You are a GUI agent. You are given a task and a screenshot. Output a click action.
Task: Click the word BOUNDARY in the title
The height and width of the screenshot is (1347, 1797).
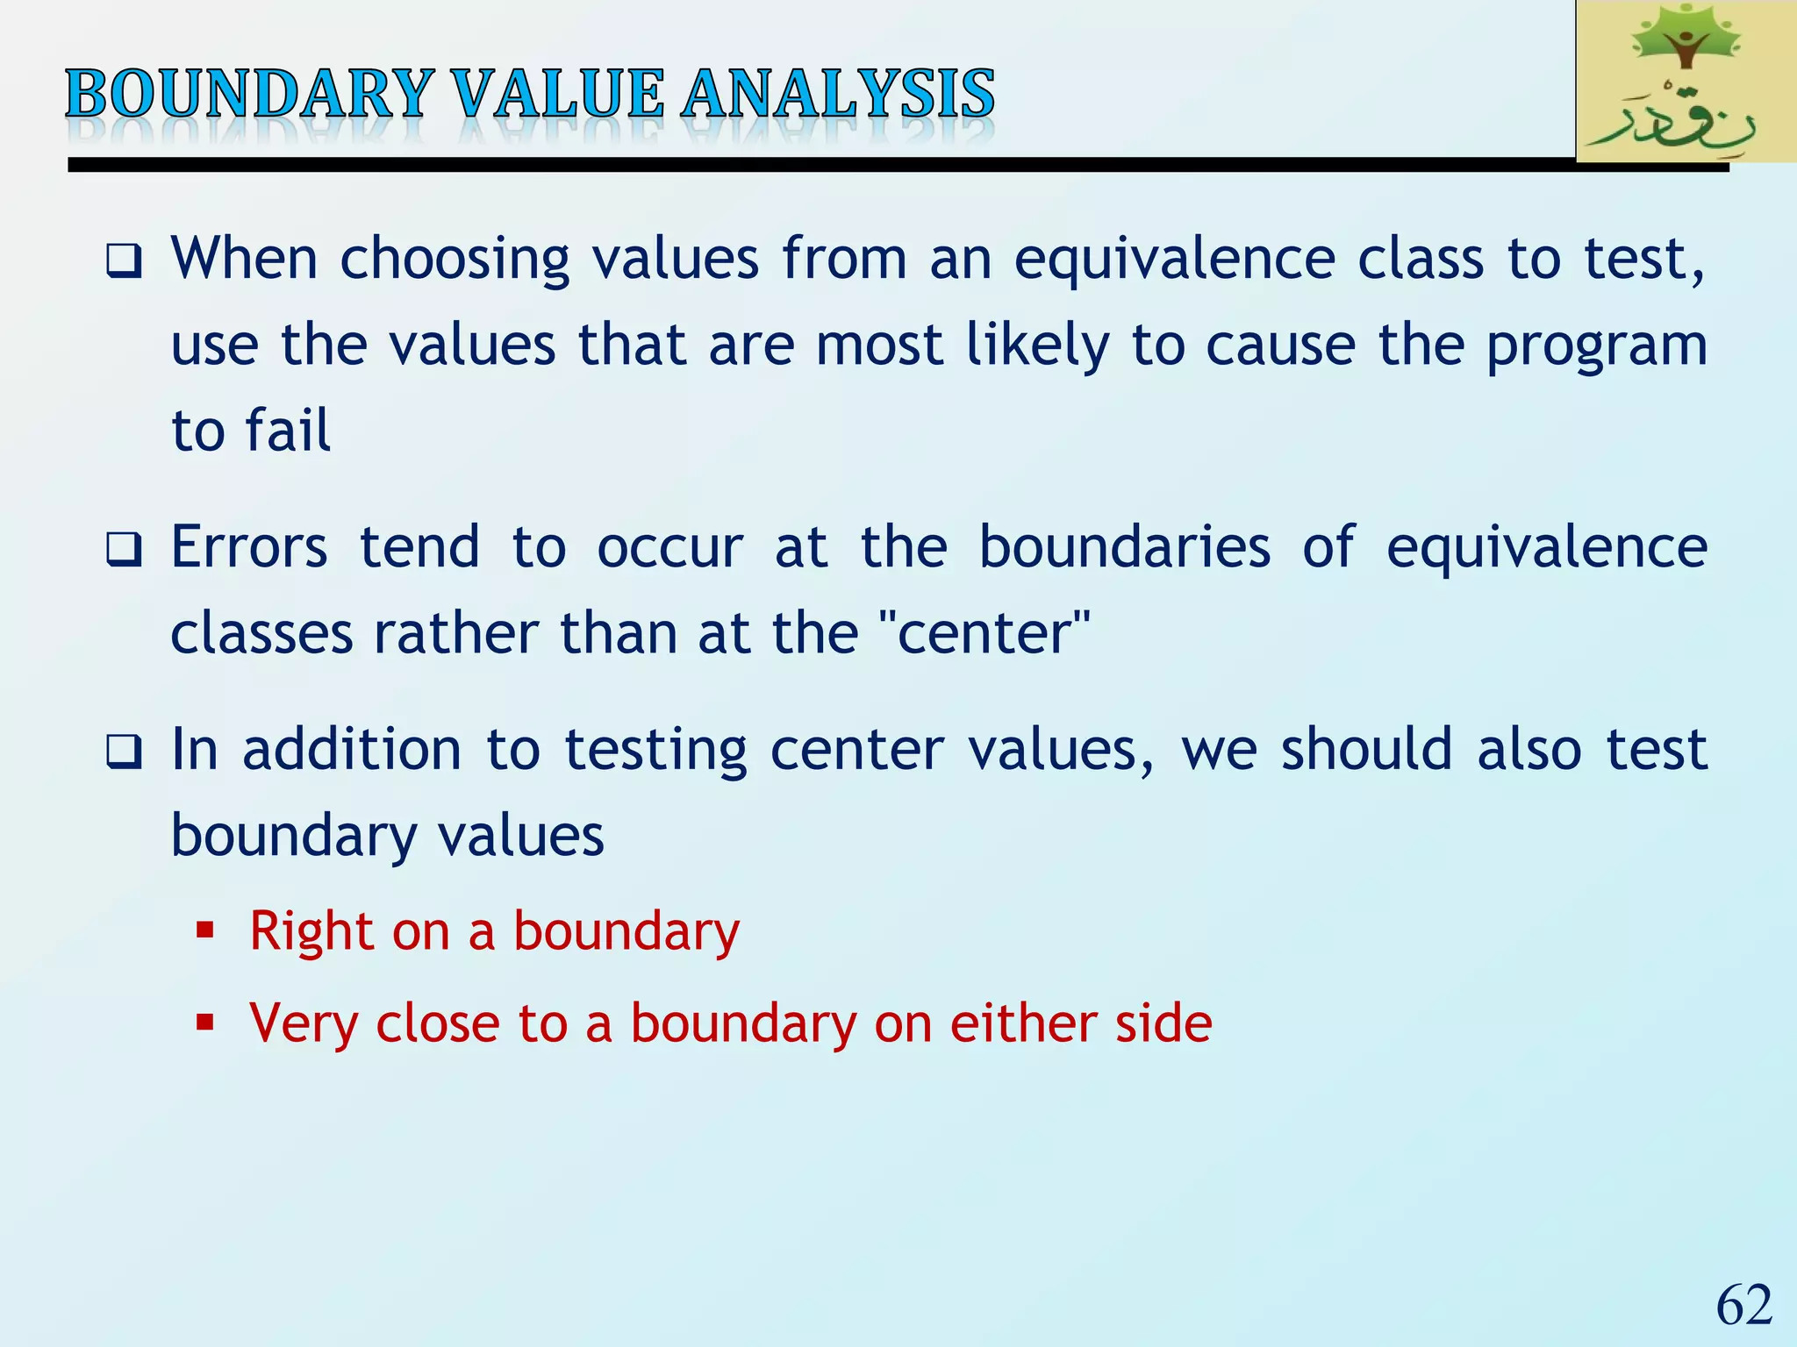(x=249, y=94)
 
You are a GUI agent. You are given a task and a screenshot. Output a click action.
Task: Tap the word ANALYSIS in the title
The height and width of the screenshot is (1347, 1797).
(x=838, y=94)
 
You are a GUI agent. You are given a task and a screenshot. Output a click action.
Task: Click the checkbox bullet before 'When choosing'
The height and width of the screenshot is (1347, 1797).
(x=124, y=261)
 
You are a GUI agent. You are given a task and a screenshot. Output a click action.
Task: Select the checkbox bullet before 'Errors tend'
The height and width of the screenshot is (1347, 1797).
(x=124, y=551)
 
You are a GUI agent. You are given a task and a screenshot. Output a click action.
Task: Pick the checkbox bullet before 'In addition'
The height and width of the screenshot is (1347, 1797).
(x=124, y=752)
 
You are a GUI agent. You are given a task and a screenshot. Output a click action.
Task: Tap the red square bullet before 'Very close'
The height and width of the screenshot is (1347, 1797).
(x=205, y=1023)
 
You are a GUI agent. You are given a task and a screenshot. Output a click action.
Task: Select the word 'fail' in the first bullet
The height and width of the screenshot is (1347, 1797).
(x=288, y=431)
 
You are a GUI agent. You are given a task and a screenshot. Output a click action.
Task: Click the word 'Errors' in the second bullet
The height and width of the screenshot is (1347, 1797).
(x=249, y=547)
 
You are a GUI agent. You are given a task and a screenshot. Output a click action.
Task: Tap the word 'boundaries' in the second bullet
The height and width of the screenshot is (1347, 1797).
(x=1124, y=547)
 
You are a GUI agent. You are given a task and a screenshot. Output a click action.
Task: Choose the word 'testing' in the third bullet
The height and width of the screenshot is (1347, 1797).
(x=655, y=752)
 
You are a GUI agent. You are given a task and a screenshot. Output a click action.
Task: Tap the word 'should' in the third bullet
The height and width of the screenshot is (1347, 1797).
(x=1366, y=750)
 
